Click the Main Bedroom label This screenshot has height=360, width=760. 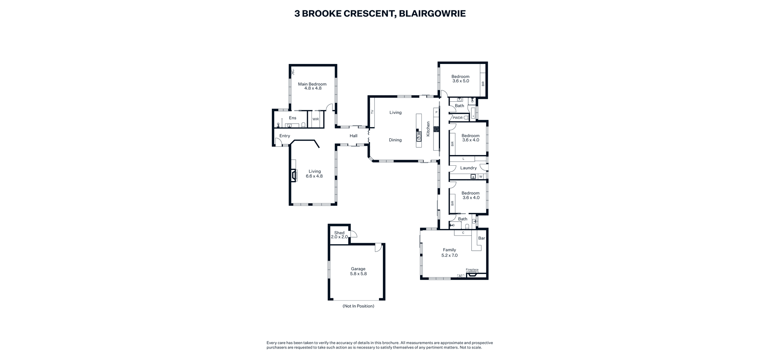pyautogui.click(x=312, y=84)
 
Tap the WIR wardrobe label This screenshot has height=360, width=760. pyautogui.click(x=316, y=119)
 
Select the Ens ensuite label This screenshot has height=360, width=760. pyautogui.click(x=292, y=118)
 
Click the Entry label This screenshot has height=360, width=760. pyautogui.click(x=285, y=136)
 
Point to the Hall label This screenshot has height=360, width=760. pyautogui.click(x=354, y=136)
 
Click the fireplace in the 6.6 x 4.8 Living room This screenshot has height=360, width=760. pyautogui.click(x=294, y=175)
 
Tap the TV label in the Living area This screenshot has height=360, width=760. pyautogui.click(x=372, y=112)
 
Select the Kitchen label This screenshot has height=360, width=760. pyautogui.click(x=428, y=129)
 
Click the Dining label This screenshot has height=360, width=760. pyautogui.click(x=395, y=140)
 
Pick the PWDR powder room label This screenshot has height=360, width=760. pyautogui.click(x=457, y=118)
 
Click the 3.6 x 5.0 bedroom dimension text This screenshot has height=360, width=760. pyautogui.click(x=461, y=81)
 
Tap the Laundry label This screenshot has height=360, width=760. pyautogui.click(x=468, y=168)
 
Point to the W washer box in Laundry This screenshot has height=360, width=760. pyautogui.click(x=481, y=176)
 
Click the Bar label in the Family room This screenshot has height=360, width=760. pyautogui.click(x=481, y=238)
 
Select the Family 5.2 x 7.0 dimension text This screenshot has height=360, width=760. pyautogui.click(x=449, y=255)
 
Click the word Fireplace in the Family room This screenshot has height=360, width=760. pyautogui.click(x=472, y=270)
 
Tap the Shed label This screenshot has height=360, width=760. pyautogui.click(x=339, y=233)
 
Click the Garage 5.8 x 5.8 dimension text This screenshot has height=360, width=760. pyautogui.click(x=358, y=274)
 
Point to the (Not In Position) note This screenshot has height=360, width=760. pyautogui.click(x=358, y=306)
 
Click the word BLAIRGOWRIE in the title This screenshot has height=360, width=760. pyautogui.click(x=432, y=14)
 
